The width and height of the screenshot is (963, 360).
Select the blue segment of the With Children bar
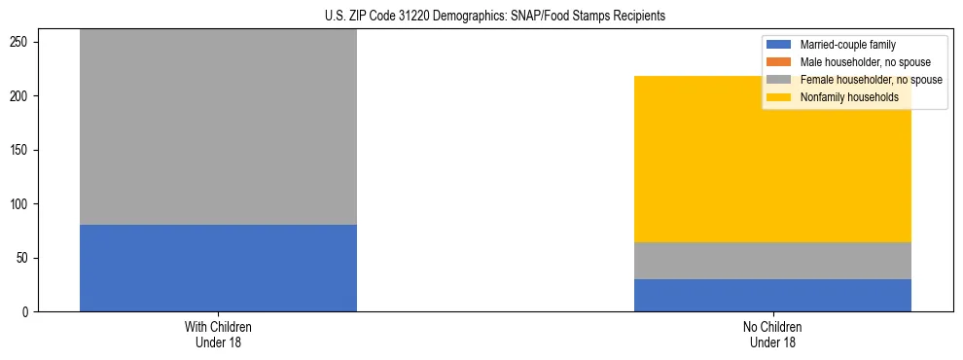click(x=218, y=268)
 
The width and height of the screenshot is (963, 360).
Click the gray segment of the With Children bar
click(x=218, y=126)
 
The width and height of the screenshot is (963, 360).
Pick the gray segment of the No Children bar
click(x=772, y=261)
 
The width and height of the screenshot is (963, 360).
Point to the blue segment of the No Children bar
click(x=772, y=295)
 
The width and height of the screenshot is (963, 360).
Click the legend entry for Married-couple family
click(x=847, y=45)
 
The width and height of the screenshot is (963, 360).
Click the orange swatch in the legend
click(x=780, y=62)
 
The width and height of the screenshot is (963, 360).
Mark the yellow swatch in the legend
click(x=780, y=97)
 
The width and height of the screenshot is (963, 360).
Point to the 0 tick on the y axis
click(x=27, y=312)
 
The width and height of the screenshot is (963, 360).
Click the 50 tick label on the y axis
click(x=24, y=258)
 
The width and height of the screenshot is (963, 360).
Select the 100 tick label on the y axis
click(x=21, y=204)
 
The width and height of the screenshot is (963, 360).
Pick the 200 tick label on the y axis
click(x=21, y=96)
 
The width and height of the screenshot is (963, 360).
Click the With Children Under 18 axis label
click(x=218, y=334)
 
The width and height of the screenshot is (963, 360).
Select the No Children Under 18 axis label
click(x=772, y=334)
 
